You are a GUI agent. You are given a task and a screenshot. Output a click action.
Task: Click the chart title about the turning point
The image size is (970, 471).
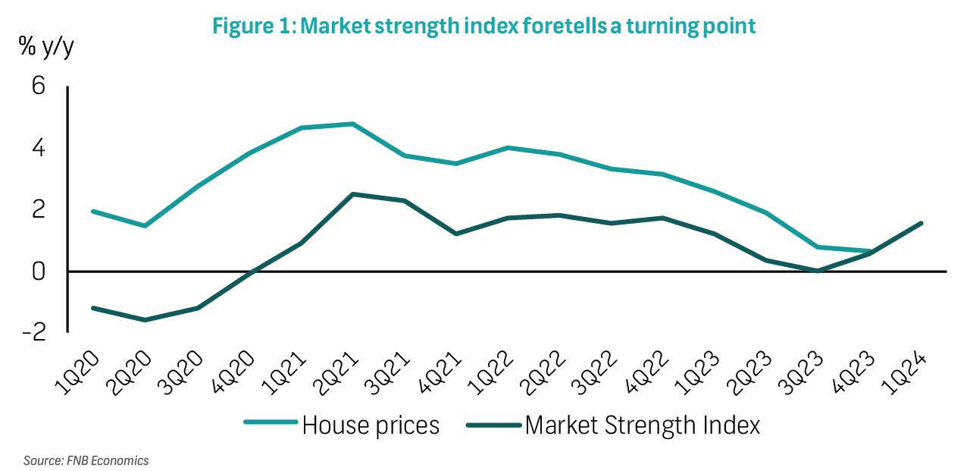coord(483,26)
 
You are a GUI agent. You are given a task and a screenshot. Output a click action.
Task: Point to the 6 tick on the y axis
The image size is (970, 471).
coord(38,86)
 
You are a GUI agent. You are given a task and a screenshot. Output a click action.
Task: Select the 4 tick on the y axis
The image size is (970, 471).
coord(38,148)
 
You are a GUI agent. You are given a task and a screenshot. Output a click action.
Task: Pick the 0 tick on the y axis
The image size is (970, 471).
coord(38,271)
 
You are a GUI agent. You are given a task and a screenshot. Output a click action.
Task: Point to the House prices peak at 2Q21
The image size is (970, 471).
coord(353,124)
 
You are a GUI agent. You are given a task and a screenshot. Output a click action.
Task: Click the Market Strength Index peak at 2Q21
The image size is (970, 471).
coord(353,194)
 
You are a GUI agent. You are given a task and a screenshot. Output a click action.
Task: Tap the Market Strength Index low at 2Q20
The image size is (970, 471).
coord(145,320)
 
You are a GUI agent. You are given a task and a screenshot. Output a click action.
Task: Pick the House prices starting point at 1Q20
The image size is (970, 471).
coord(92,211)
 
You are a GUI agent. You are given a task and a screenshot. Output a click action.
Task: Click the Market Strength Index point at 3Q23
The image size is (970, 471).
coord(818,270)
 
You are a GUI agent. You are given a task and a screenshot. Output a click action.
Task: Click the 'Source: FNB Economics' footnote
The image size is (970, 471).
coord(86,460)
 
